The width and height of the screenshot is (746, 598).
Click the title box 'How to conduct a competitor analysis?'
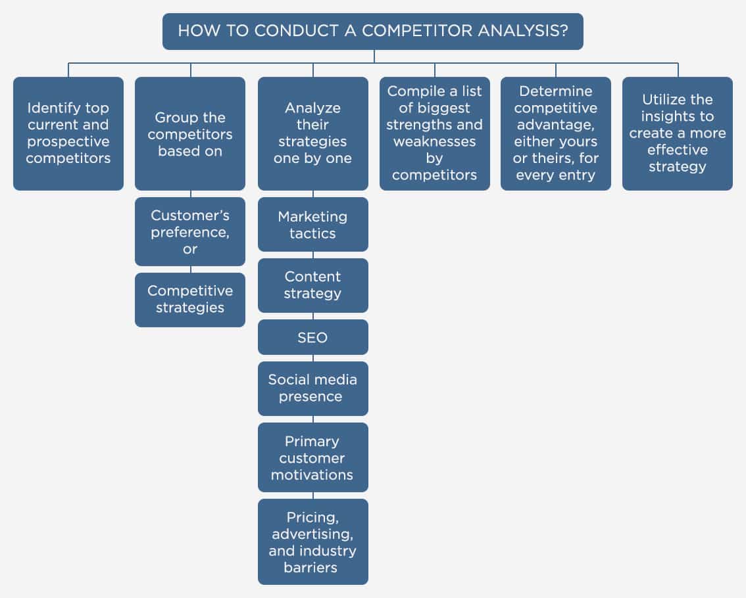click(x=372, y=31)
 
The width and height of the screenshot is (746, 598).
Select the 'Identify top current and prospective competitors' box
click(x=68, y=133)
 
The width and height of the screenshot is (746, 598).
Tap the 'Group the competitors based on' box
click(x=190, y=133)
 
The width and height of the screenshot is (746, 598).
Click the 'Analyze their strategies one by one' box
click(x=312, y=133)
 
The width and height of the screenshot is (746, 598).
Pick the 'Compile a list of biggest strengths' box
click(x=434, y=133)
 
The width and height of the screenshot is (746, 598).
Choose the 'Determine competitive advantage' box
click(x=556, y=133)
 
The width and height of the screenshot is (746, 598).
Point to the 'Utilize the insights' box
click(x=678, y=133)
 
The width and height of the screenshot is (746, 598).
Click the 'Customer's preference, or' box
click(x=190, y=231)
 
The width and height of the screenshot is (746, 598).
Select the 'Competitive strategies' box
click(x=190, y=300)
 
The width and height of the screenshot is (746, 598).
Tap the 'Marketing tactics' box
click(x=312, y=224)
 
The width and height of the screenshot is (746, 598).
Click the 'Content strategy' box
click(x=312, y=285)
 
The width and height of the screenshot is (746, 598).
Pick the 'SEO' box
click(x=312, y=337)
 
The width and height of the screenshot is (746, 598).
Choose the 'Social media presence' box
click(x=312, y=388)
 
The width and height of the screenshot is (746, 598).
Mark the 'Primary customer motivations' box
click(x=312, y=457)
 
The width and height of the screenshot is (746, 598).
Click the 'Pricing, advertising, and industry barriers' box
click(x=312, y=541)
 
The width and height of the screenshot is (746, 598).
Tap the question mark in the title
click(x=564, y=31)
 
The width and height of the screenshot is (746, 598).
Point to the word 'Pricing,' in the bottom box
click(x=312, y=517)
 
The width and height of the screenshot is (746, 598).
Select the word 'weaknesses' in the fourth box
click(x=434, y=141)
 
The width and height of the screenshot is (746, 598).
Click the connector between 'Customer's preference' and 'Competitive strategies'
click(x=191, y=269)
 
